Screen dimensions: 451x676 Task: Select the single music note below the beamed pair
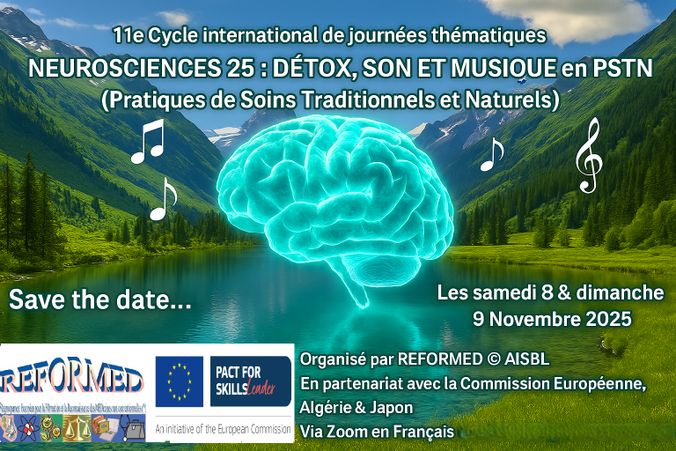(x=163, y=198)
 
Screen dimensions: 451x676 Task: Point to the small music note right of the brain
(x=490, y=154)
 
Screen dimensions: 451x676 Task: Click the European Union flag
(x=180, y=381)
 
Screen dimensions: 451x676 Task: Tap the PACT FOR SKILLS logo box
(x=250, y=381)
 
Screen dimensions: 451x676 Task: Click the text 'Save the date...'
(x=100, y=299)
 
